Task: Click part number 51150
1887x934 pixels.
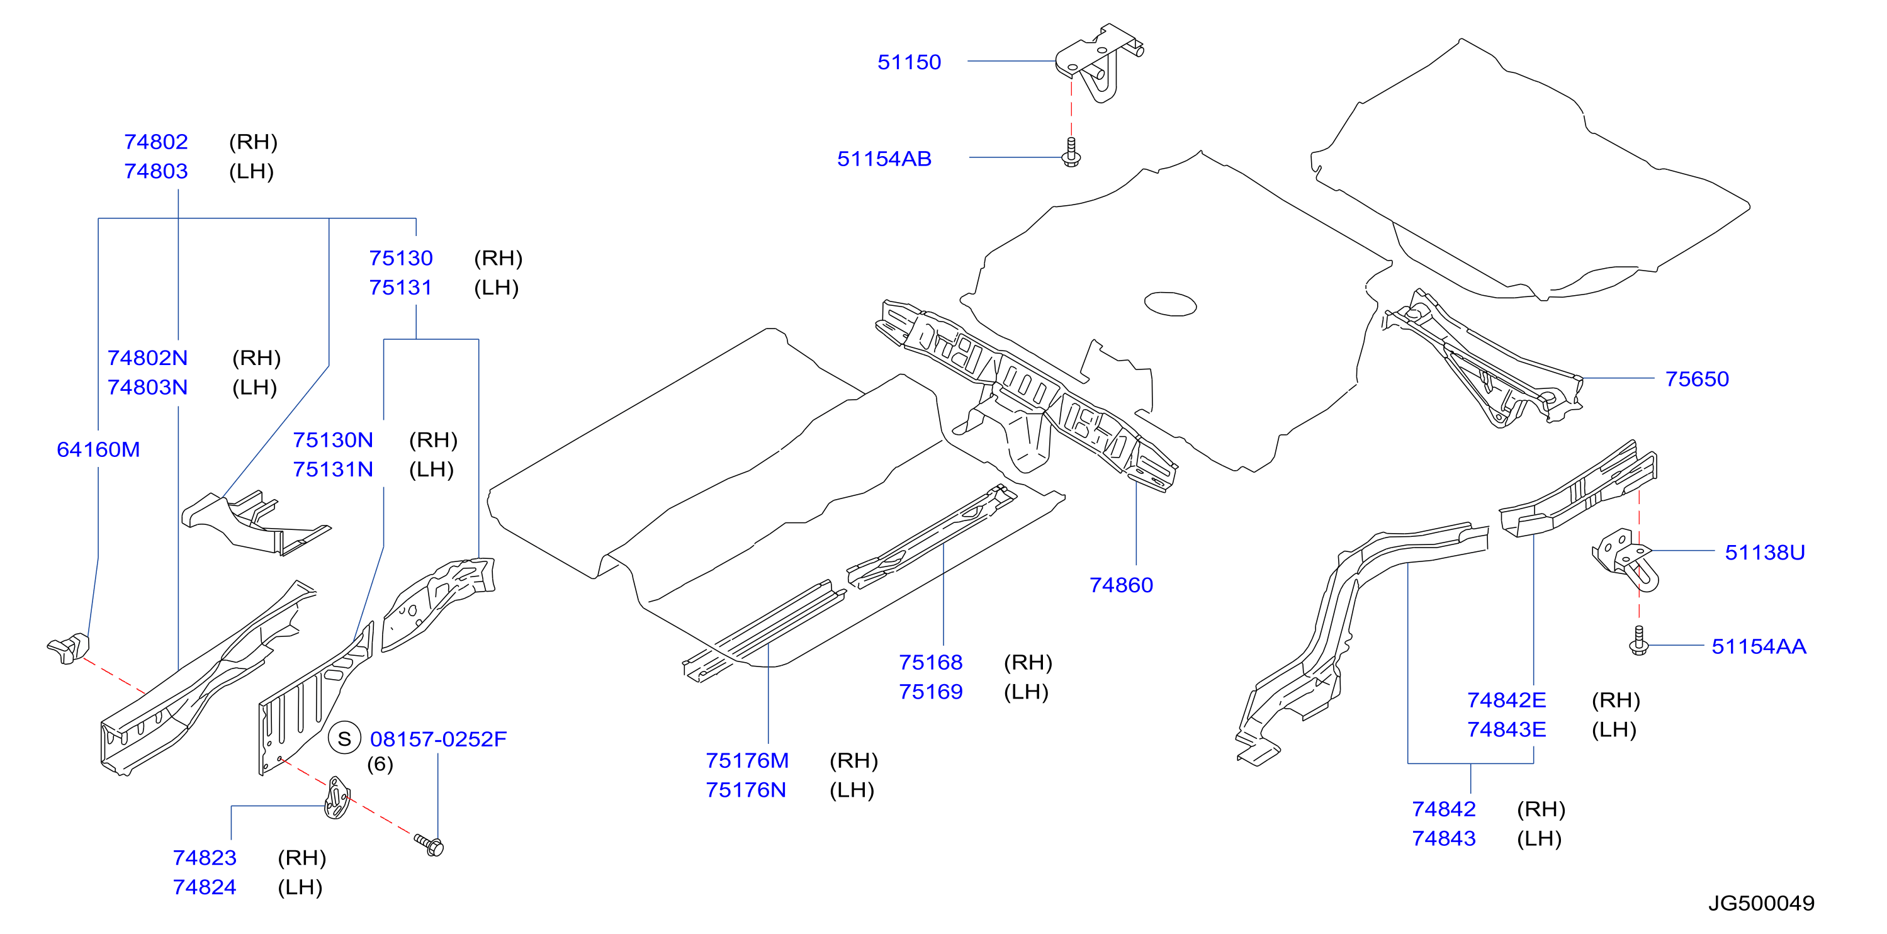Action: click(x=909, y=62)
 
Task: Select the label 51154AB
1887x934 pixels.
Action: click(x=884, y=159)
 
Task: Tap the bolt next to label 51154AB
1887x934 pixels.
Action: click(x=1071, y=152)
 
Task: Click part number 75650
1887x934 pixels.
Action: click(x=1696, y=379)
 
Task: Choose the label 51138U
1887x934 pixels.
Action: click(x=1765, y=553)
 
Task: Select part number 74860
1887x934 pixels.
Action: click(x=1121, y=585)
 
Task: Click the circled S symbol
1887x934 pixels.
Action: click(x=344, y=738)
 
